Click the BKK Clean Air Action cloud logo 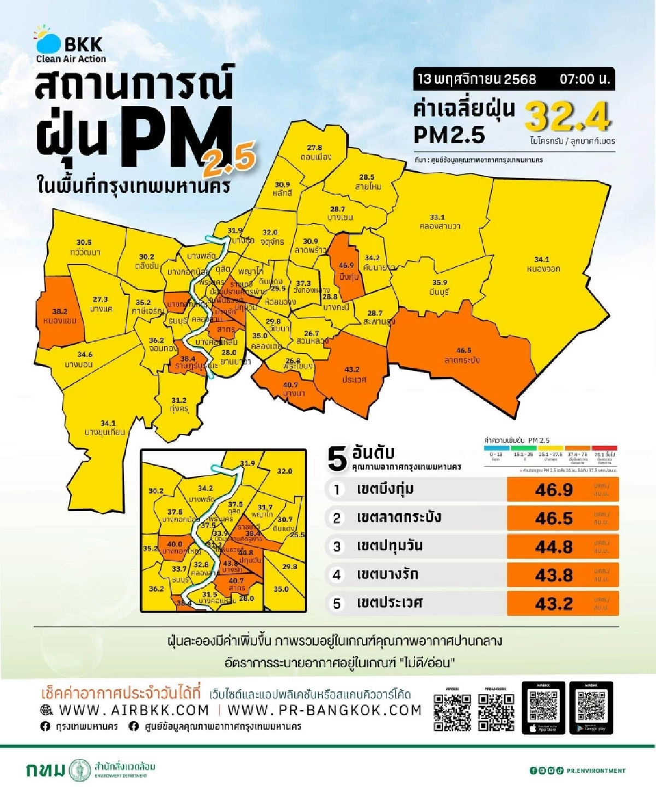48,42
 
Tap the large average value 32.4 567,116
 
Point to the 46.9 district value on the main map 346,266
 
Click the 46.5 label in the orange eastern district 464,350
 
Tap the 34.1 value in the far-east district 542,260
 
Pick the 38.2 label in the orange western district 60,311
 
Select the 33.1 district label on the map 437,217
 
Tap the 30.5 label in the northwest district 84,242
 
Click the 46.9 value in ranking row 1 554,490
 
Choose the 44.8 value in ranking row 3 554,547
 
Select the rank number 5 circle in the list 337,603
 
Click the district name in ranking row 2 399,518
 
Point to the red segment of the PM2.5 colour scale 604,448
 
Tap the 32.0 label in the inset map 284,471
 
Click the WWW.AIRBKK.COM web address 133,710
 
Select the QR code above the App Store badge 544,706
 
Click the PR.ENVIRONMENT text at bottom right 596,771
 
